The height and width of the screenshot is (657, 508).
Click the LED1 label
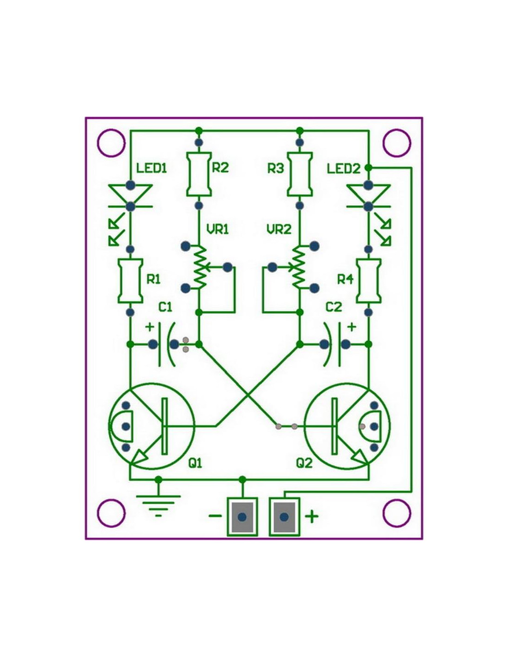151,168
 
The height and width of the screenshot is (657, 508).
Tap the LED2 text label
343,169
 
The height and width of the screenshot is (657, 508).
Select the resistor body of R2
199,174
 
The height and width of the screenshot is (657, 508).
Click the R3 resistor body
300,174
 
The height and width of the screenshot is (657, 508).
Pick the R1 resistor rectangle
130,280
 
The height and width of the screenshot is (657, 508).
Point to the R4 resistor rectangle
369,280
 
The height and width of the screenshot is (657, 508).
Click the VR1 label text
218,229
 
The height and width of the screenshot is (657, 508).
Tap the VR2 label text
279,229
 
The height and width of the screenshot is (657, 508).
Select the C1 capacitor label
165,307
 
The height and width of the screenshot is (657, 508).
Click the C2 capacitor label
333,307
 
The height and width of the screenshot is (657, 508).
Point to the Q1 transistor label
195,462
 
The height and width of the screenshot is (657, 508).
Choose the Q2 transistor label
304,462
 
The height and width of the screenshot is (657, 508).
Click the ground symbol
158,504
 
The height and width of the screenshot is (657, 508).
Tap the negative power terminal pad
242,517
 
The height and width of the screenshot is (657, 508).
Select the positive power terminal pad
284,517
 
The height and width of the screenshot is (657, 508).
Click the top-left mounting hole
111,143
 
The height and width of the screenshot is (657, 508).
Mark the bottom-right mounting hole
397,513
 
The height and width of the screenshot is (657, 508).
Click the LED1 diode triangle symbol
130,194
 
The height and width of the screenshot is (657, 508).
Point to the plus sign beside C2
351,327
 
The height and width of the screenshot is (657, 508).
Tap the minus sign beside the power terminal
215,516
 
